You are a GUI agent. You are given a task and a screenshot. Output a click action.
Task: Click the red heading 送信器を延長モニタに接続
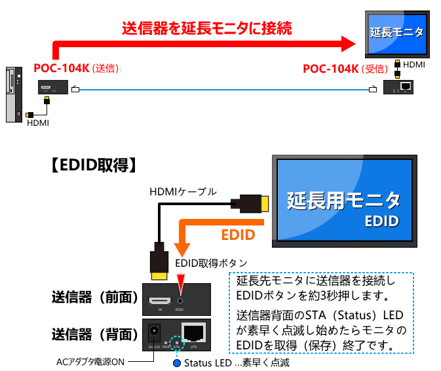206,28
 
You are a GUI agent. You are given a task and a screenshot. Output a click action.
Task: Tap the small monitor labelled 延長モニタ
396,32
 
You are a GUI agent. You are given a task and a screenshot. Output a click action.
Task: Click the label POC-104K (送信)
77,68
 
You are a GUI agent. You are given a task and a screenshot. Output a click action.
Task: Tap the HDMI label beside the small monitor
413,65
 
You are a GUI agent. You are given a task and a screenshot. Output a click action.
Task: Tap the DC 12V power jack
156,332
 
